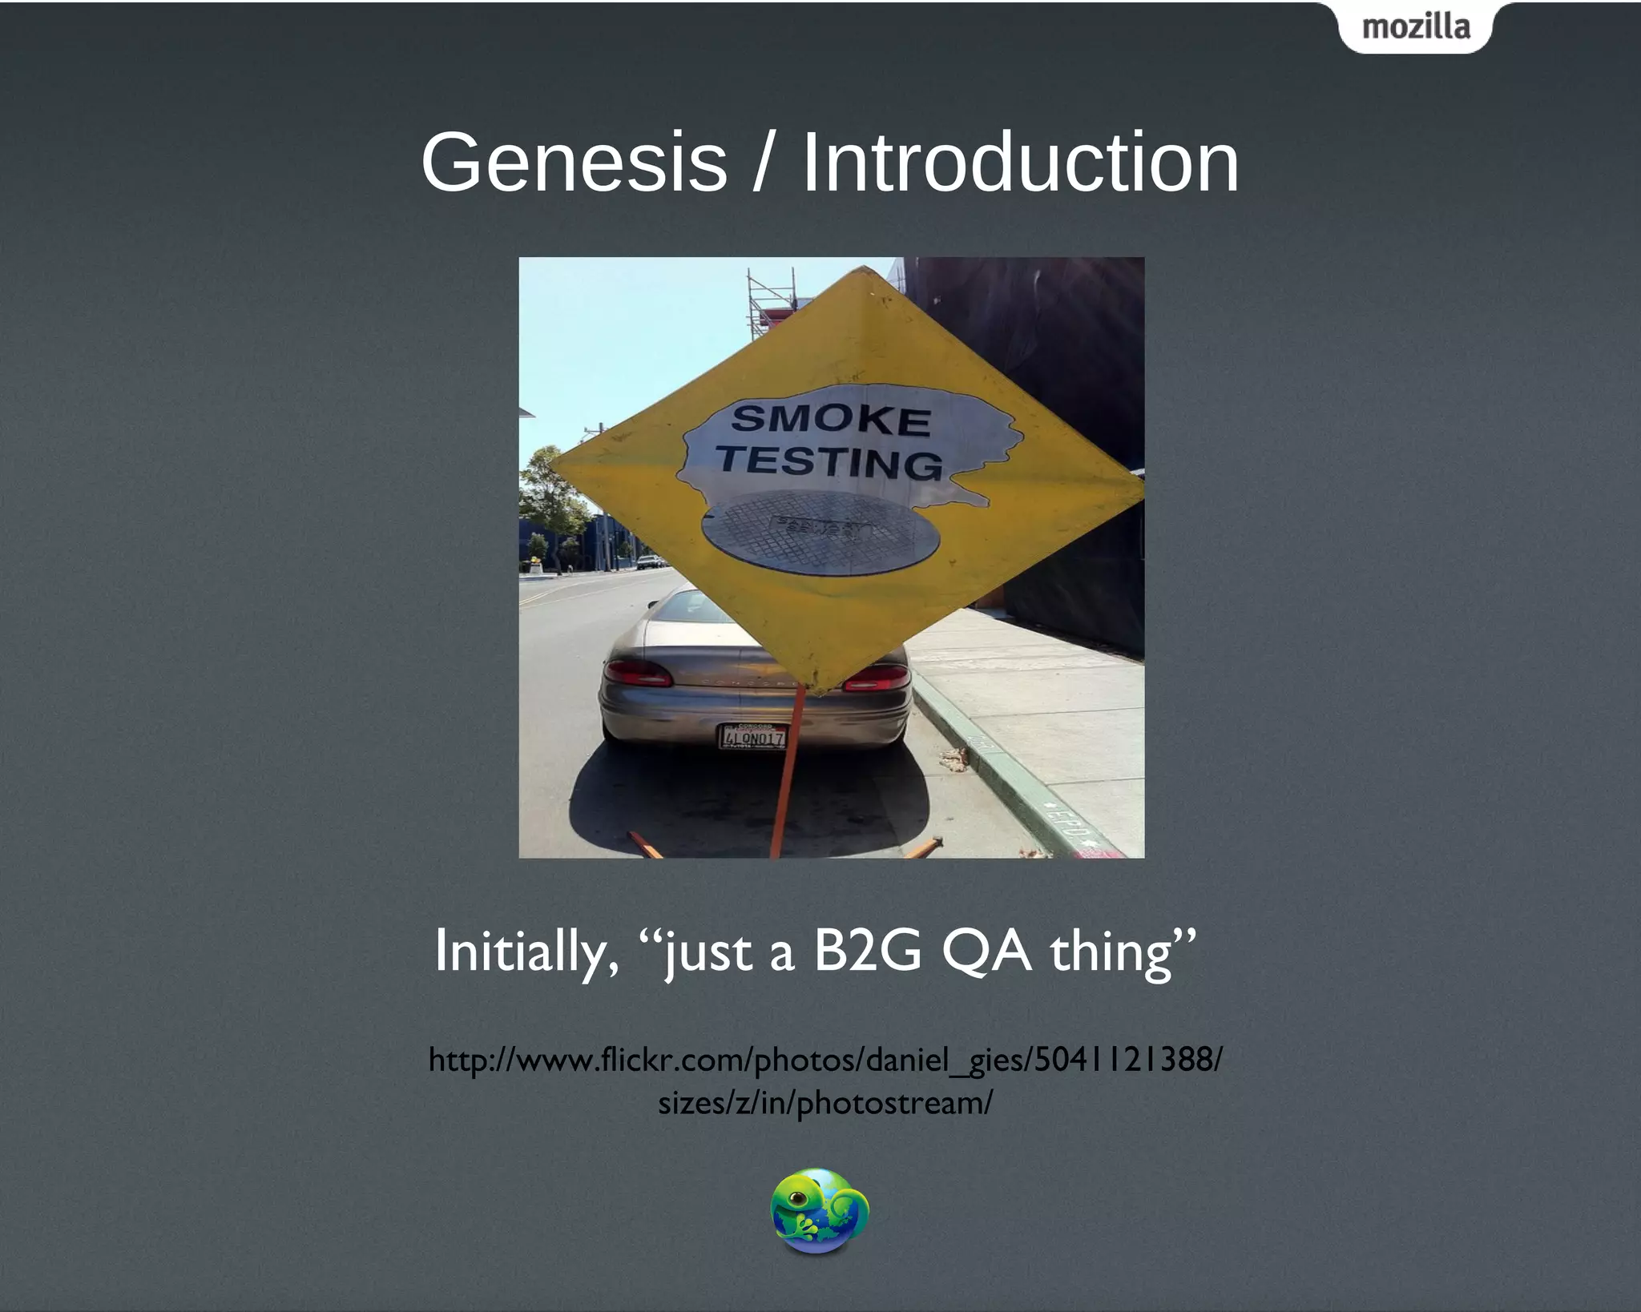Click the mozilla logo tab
(x=1415, y=27)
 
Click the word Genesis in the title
(x=574, y=163)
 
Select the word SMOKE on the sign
(x=831, y=420)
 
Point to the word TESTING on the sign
(x=830, y=462)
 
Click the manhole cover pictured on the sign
(x=820, y=531)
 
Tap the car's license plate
(x=753, y=736)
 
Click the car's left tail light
(x=636, y=673)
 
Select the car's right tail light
(x=877, y=678)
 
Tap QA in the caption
(x=986, y=952)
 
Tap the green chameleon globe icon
(x=819, y=1210)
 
